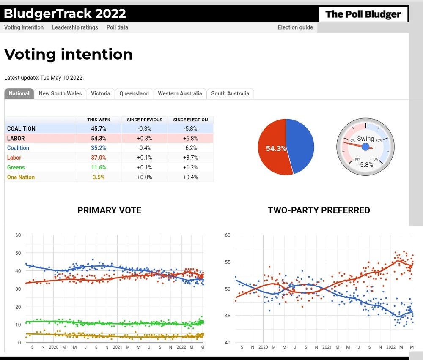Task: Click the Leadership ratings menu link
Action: [x=75, y=27]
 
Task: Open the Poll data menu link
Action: [x=117, y=27]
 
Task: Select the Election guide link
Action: [x=295, y=27]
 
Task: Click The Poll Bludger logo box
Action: [x=363, y=14]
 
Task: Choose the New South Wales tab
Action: [x=60, y=93]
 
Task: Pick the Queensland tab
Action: [x=134, y=93]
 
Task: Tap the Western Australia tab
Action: [x=180, y=93]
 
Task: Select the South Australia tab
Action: [x=230, y=93]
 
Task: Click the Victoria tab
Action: [x=100, y=93]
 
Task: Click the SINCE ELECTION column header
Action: [x=190, y=120]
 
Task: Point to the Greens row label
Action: [x=16, y=167]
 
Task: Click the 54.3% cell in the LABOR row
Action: [x=99, y=138]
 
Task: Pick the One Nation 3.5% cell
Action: [x=99, y=177]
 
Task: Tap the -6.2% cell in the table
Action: [x=190, y=148]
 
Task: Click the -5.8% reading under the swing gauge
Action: [x=365, y=165]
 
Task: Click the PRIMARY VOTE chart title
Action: [x=109, y=210]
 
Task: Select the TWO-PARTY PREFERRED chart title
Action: [x=319, y=210]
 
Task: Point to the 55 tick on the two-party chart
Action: [x=227, y=262]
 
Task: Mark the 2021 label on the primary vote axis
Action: [x=118, y=347]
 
